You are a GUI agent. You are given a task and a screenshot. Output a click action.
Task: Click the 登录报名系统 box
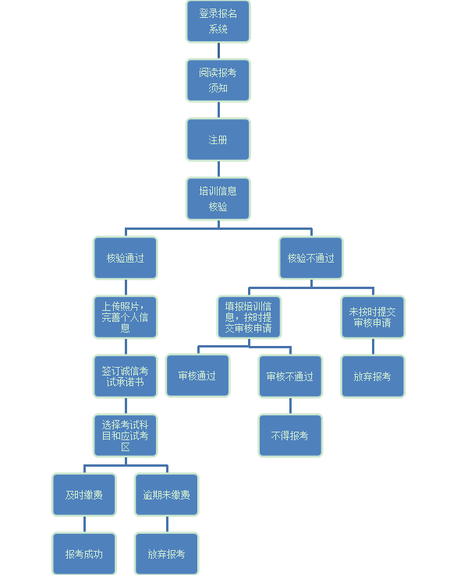218,21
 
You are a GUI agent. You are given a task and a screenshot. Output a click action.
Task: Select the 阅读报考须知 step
218,80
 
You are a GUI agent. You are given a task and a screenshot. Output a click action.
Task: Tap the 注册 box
218,139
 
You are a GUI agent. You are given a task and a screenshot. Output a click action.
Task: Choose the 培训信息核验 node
218,199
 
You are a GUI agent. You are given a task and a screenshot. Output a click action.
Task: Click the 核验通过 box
126,258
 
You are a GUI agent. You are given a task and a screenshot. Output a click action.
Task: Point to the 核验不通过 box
311,258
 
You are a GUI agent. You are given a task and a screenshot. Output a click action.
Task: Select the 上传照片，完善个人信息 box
126,317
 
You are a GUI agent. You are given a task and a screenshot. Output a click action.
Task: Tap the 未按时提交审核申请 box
373,317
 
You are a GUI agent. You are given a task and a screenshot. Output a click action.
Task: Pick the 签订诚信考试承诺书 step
126,376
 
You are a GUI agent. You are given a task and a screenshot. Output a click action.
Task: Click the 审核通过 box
197,376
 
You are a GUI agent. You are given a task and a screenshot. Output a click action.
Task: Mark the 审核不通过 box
290,376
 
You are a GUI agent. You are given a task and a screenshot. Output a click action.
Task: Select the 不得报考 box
290,436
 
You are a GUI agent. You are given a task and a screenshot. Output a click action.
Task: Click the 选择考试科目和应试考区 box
126,436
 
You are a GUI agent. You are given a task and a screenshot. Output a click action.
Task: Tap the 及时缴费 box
84,495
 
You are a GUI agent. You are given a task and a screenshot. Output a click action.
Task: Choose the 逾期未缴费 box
167,495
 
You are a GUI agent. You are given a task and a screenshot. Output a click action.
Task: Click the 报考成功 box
84,554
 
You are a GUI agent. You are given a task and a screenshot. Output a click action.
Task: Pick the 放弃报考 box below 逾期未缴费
167,554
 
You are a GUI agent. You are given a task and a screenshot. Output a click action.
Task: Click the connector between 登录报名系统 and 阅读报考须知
219,51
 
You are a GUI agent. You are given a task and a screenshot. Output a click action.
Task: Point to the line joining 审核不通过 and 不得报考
290,406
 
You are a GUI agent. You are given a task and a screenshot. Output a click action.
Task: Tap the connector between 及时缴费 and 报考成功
84,524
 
